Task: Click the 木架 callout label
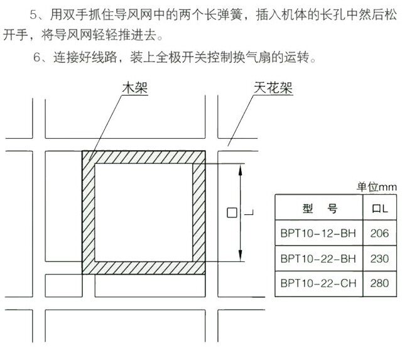[135, 88]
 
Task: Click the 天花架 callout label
[273, 88]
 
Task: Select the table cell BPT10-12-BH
[318, 233]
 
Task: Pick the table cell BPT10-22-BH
[318, 259]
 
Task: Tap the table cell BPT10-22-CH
[318, 283]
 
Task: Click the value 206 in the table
[379, 233]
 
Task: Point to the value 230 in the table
[379, 259]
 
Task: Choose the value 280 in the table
[379, 283]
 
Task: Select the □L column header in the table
[380, 209]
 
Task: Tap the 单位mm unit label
[377, 187]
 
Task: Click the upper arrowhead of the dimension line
[240, 170]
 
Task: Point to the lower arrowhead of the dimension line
[240, 256]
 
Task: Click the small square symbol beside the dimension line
[232, 212]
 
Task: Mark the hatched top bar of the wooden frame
[144, 157]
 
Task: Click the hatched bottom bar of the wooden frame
[144, 268]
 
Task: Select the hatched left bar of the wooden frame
[89, 212]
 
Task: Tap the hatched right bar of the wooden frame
[199, 212]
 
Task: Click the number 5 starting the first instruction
[34, 14]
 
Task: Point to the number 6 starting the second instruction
[37, 57]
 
